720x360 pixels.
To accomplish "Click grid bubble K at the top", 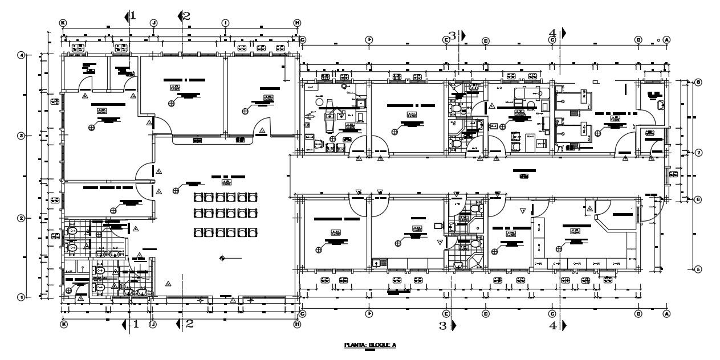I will pos(63,22).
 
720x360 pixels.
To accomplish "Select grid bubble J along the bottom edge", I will pos(152,324).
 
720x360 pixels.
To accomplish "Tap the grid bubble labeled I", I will pos(225,22).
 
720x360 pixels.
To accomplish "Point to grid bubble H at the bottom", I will pos(297,324).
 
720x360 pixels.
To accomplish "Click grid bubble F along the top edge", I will pos(369,40).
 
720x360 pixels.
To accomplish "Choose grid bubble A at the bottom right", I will pos(666,313).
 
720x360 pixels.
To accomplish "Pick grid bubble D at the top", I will pos(486,40).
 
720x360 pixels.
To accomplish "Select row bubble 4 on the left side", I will pos(22,55).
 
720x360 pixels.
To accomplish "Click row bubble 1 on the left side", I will pos(22,297).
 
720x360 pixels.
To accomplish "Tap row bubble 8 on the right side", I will pos(698,82).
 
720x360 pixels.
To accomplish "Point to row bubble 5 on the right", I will pos(698,269).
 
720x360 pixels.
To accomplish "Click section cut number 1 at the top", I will pos(133,15).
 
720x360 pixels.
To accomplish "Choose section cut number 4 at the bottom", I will pos(552,326).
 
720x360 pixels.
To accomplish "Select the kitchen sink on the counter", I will pos(377,263).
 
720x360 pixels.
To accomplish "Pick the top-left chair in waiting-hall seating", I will pos(199,198).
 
